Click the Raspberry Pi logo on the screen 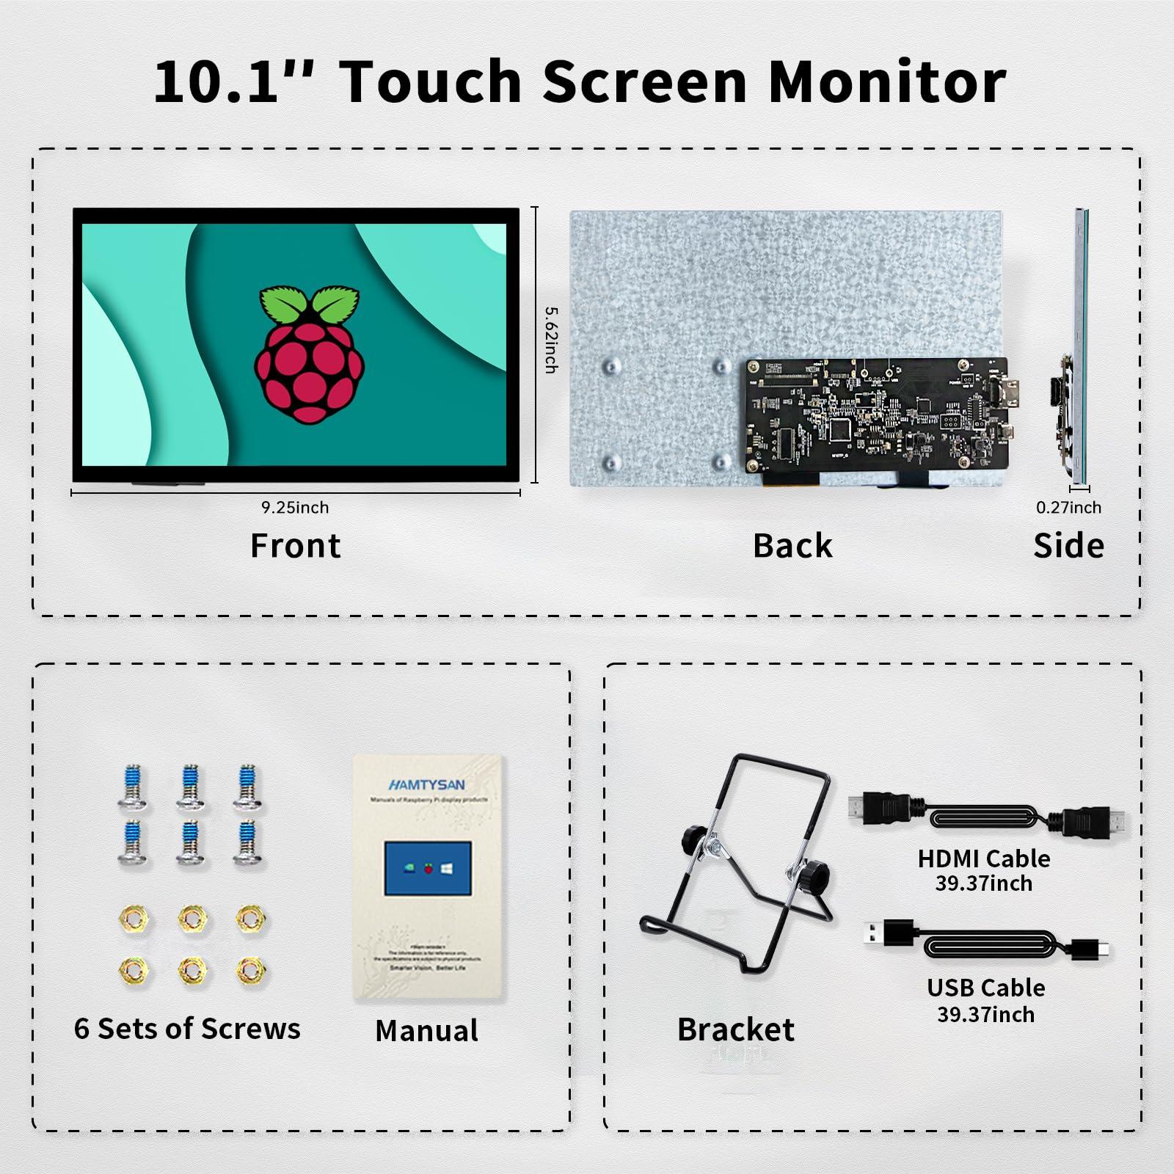[309, 354]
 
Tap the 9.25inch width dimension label [295, 507]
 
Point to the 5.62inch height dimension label [551, 339]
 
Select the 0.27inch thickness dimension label [1068, 507]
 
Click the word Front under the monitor [295, 546]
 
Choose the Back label [792, 546]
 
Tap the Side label [1068, 546]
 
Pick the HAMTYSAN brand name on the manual [426, 785]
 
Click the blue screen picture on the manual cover [428, 869]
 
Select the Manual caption [426, 1031]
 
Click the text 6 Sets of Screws [187, 1029]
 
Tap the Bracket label [735, 1029]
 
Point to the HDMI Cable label [983, 858]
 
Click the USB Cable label [985, 988]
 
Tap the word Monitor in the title [886, 81]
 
